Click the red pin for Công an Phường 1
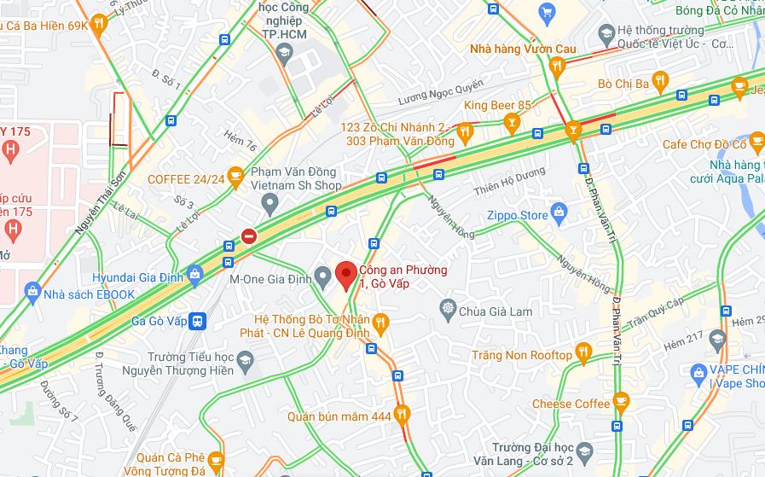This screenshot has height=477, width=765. (x=345, y=275)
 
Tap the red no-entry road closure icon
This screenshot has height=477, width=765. (x=248, y=236)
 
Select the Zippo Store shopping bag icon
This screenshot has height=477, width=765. (x=559, y=211)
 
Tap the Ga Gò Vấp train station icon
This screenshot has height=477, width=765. (x=198, y=321)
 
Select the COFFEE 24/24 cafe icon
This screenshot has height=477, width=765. (x=236, y=175)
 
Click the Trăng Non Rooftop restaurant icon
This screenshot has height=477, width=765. (x=583, y=351)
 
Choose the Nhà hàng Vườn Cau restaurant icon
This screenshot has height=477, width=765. (x=558, y=65)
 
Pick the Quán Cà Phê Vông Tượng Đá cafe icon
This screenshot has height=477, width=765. (x=215, y=462)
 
